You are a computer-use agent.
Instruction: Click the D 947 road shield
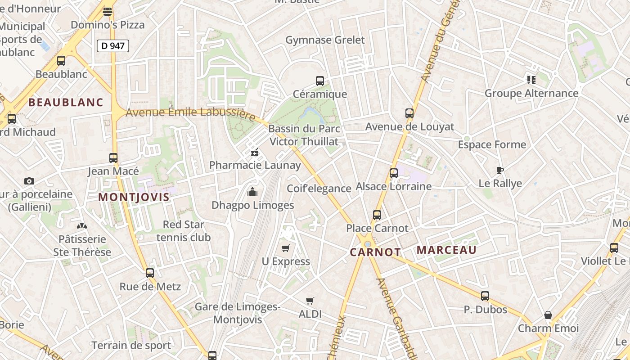click(113, 45)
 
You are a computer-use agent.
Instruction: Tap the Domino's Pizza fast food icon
click(108, 12)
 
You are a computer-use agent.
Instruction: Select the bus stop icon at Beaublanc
click(61, 60)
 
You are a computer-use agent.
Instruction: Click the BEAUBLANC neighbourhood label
click(66, 102)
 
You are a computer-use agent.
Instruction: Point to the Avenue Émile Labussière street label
click(190, 113)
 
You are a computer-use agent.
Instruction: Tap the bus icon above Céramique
click(320, 81)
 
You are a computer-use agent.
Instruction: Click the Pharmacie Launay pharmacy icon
click(255, 152)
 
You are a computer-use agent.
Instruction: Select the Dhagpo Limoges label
click(252, 205)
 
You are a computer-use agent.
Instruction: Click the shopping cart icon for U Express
click(285, 248)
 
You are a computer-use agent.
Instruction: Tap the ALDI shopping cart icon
click(310, 301)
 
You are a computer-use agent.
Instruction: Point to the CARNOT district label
click(375, 252)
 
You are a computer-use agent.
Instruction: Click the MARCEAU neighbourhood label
click(446, 250)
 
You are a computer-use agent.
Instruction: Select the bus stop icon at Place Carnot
click(377, 215)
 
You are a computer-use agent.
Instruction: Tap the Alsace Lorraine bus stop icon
click(394, 173)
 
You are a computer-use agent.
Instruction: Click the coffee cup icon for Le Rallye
click(499, 170)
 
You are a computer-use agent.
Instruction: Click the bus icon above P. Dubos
click(485, 296)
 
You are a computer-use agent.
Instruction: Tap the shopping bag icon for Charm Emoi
click(548, 315)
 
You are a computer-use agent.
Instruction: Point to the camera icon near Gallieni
click(29, 181)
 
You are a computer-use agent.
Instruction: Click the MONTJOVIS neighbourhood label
click(134, 197)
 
